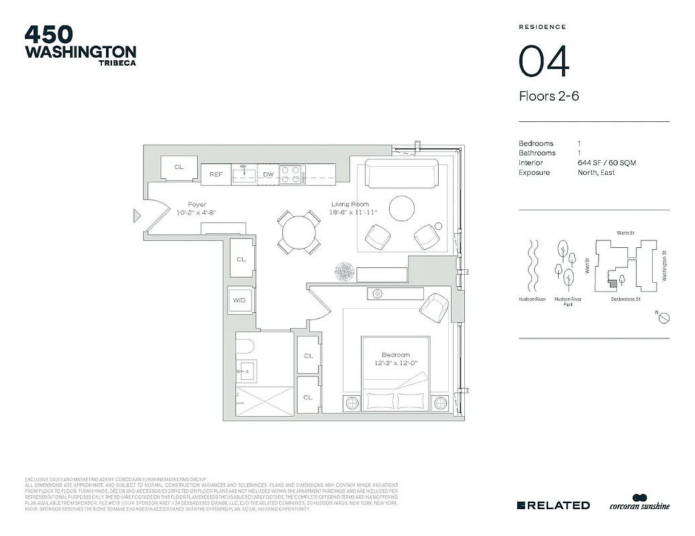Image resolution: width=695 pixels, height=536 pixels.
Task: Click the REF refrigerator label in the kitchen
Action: pyautogui.click(x=216, y=174)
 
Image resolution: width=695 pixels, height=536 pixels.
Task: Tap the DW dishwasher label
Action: pyautogui.click(x=268, y=174)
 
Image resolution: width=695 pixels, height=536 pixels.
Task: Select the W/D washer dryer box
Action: pyautogui.click(x=240, y=301)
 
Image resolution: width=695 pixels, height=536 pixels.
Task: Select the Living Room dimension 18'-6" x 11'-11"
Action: pyautogui.click(x=355, y=212)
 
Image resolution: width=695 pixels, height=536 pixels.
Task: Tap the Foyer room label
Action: pyautogui.click(x=197, y=204)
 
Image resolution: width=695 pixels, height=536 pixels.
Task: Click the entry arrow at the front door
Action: pyautogui.click(x=138, y=215)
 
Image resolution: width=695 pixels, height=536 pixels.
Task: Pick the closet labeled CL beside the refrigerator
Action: pyautogui.click(x=179, y=167)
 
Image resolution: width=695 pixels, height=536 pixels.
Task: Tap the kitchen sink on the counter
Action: pyautogui.click(x=244, y=175)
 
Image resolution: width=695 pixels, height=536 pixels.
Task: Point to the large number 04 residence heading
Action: pyautogui.click(x=544, y=61)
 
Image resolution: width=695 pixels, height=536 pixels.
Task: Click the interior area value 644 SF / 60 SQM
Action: pyautogui.click(x=606, y=163)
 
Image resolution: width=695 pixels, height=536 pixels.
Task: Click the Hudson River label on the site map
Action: pyautogui.click(x=531, y=299)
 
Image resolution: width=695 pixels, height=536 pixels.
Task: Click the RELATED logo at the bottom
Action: pyautogui.click(x=553, y=505)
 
